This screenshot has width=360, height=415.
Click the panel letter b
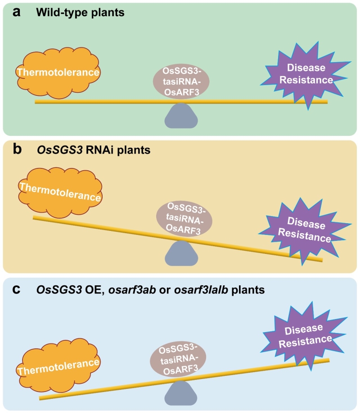tap(18, 149)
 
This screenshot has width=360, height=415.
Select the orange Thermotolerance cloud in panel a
tap(58, 72)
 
